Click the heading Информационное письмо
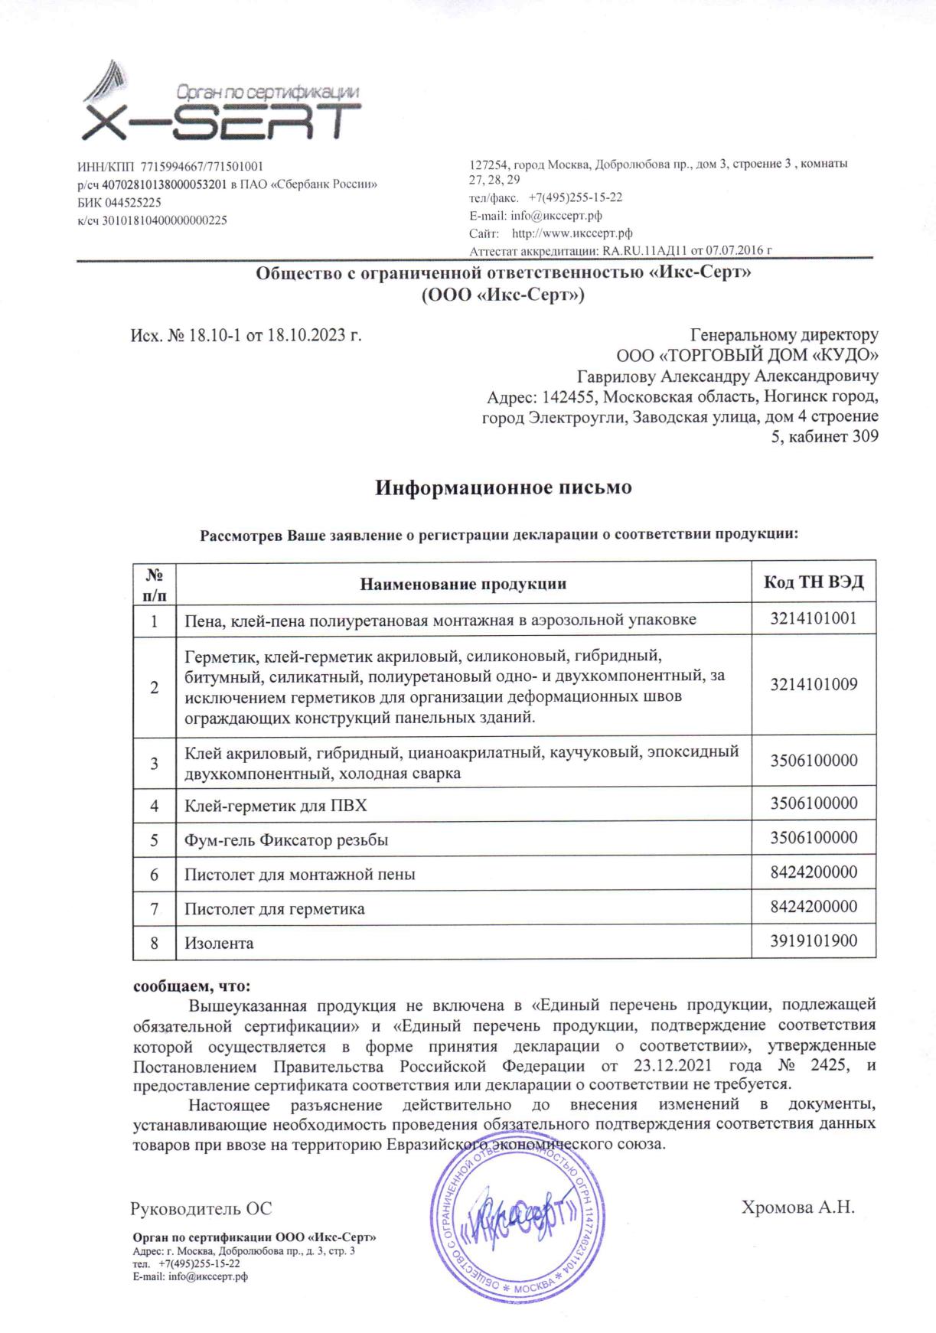tap(503, 487)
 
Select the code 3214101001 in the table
tap(814, 618)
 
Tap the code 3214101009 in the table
tap(814, 684)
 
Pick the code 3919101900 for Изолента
tap(814, 941)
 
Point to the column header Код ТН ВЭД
tap(814, 582)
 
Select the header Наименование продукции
tap(463, 584)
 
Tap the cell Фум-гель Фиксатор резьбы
tap(286, 839)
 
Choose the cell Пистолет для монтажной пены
tap(299, 874)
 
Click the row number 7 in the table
tap(155, 908)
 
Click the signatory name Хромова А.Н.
tap(797, 1208)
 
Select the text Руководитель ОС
tap(201, 1209)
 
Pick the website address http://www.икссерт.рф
tap(572, 233)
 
